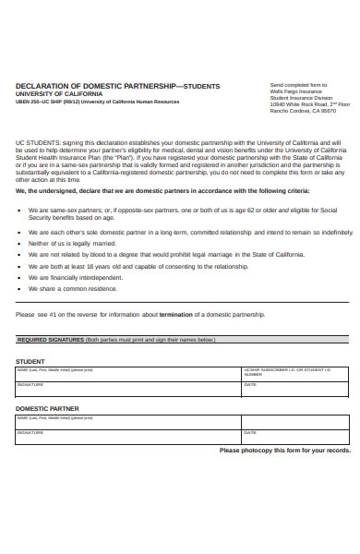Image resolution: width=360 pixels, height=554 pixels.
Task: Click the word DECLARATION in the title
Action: coord(42,85)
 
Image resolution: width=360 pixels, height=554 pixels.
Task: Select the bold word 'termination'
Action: coord(176,314)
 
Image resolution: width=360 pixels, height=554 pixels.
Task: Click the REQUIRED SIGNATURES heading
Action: coord(51,340)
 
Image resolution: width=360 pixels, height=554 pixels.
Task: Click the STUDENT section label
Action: coord(30,361)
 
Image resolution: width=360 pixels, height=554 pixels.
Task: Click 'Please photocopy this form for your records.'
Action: coord(284,451)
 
